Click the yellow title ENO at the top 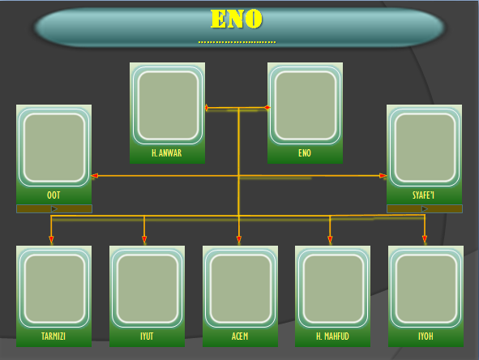coord(237,19)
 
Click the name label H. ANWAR coord(167,153)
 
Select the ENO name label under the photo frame coord(305,153)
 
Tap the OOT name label coord(53,195)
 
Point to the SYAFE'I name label coord(423,195)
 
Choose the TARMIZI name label coord(53,336)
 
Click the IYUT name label coord(147,336)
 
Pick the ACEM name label coord(240,336)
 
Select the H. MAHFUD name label coord(332,336)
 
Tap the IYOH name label coord(426,336)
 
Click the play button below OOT coord(54,208)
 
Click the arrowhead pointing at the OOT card coord(95,176)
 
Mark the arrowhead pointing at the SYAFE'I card coord(383,176)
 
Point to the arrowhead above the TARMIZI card coord(51,239)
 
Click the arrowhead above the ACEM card coord(239,239)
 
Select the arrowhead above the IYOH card coord(425,239)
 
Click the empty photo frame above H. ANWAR coord(168,105)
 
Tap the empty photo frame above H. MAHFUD coord(333,289)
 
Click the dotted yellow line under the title coord(237,42)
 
